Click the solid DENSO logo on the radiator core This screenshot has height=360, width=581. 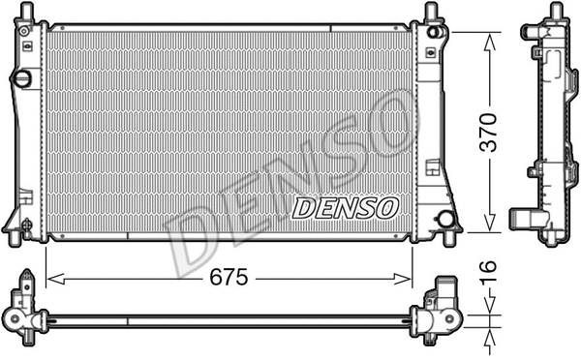click(x=346, y=206)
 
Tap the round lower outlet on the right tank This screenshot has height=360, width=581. click(x=446, y=218)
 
